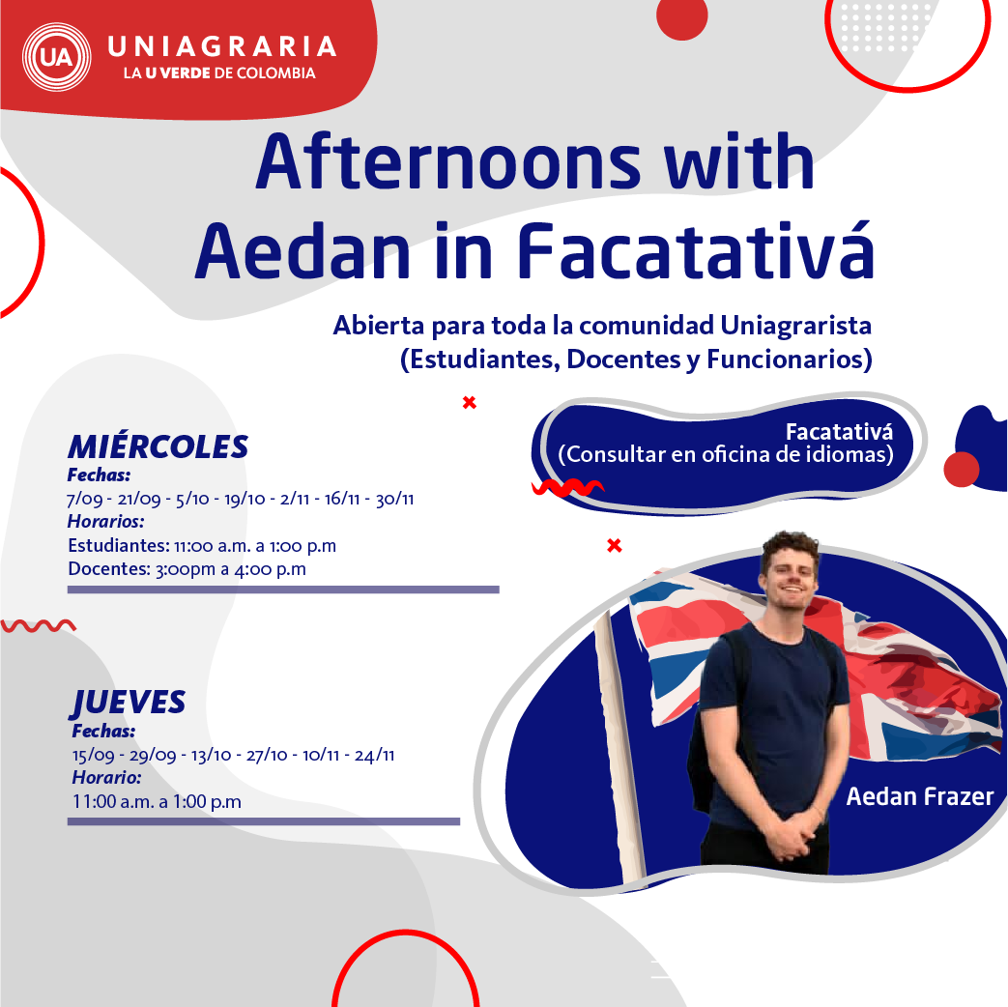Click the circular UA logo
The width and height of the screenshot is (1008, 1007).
(54, 57)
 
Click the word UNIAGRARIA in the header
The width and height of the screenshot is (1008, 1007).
(221, 45)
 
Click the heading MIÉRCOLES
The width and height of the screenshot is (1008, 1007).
(158, 446)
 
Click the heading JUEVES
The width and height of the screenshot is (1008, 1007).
(129, 702)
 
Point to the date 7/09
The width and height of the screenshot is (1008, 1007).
(84, 500)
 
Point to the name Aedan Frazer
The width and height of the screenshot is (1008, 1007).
(919, 797)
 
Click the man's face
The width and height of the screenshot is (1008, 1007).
(789, 578)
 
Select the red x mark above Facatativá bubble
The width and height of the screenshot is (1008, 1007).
(470, 402)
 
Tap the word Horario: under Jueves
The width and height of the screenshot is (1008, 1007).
(106, 777)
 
